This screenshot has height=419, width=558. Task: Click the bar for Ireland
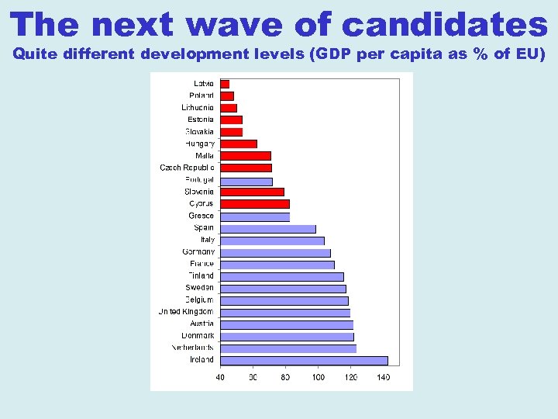coord(304,360)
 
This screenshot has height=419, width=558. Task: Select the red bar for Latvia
coord(225,84)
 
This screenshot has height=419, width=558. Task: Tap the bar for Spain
coord(268,228)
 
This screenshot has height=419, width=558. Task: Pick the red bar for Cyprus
coord(255,204)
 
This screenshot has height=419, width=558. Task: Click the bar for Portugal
coord(246,181)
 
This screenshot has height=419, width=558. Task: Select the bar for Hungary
coord(239,144)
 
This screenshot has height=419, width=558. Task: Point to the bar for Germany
coord(275,252)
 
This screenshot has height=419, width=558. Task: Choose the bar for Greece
coord(255,216)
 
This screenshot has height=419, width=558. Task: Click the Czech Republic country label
coord(187,168)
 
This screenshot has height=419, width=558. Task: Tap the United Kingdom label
coord(186,312)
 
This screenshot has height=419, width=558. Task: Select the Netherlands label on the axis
coord(192,348)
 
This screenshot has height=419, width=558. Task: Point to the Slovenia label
coord(199,192)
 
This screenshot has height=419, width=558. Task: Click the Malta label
coord(205,156)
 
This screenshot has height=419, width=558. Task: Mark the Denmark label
coord(198,336)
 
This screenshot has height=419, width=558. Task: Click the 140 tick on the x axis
coord(383,377)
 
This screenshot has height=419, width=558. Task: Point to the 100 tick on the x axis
coord(318,377)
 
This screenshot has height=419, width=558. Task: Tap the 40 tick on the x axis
coord(220,377)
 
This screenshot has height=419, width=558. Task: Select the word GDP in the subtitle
coord(326,55)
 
